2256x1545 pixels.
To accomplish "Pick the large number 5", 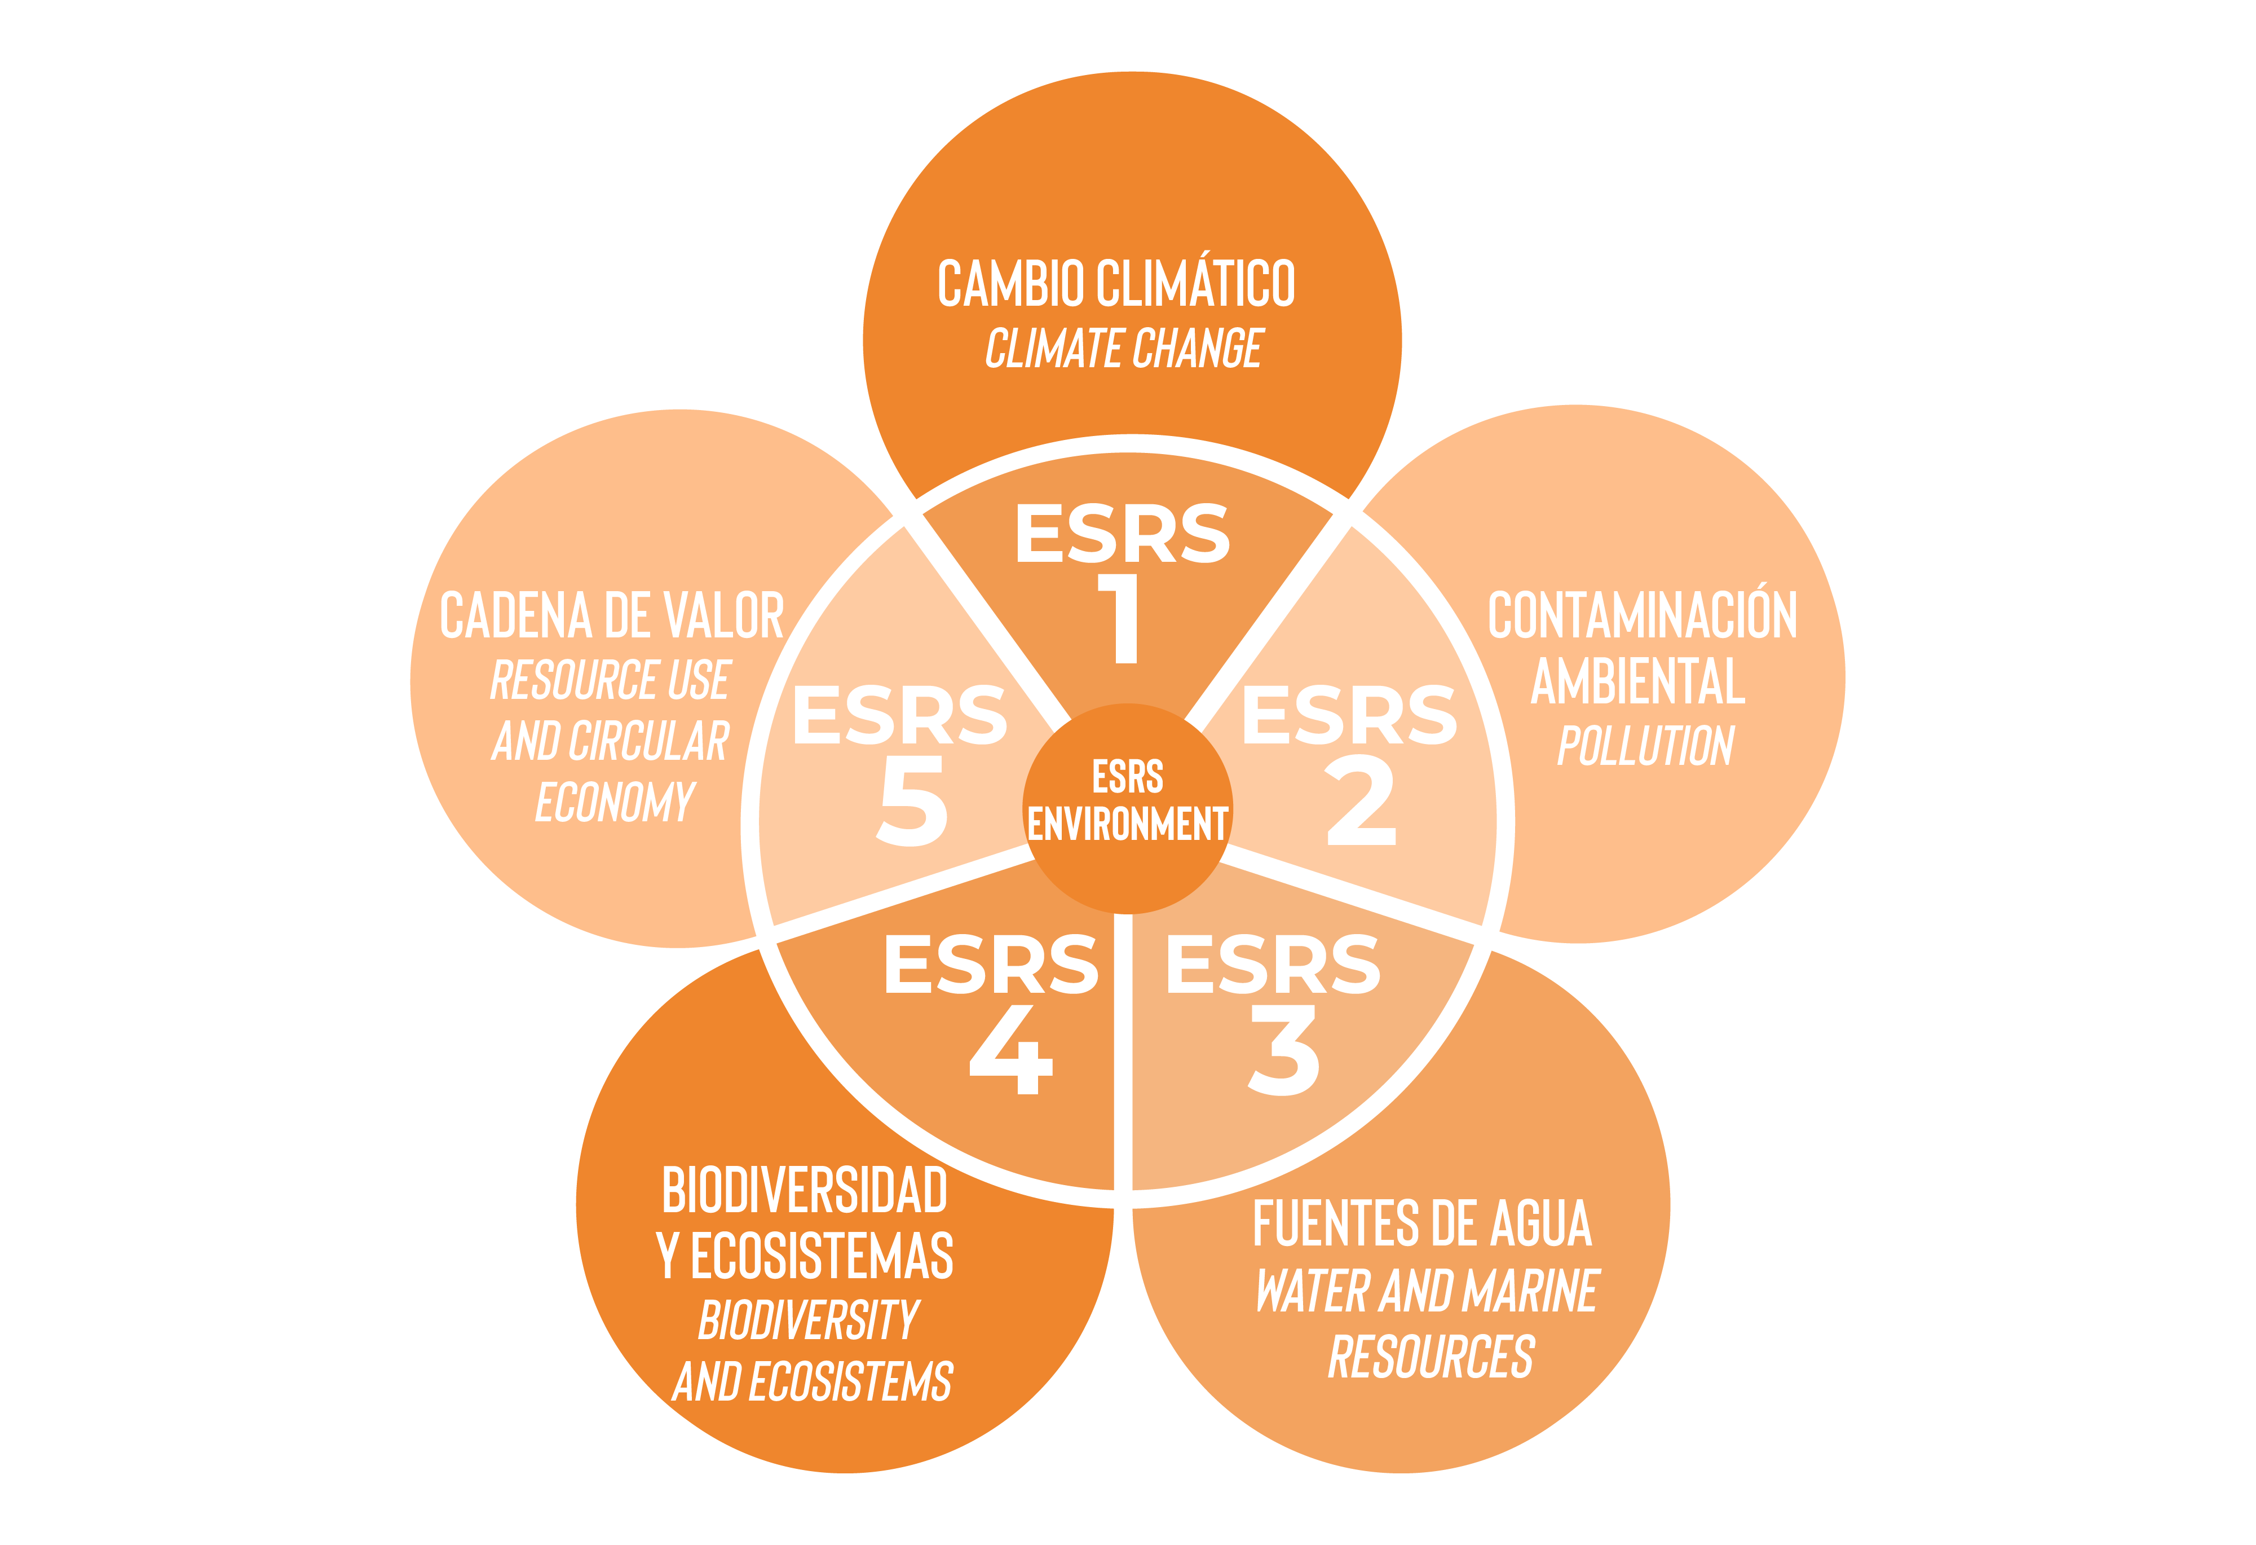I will [x=912, y=802].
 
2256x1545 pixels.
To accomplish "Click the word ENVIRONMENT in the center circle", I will [x=1127, y=825].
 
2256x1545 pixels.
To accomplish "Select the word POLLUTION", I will [x=1645, y=746].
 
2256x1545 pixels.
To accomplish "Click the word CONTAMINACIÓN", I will [x=1643, y=615].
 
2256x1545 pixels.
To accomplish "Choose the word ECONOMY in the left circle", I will [x=615, y=802].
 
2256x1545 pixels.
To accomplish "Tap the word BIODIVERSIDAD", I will [x=803, y=1191].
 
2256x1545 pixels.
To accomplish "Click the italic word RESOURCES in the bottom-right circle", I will [x=1431, y=1357].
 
